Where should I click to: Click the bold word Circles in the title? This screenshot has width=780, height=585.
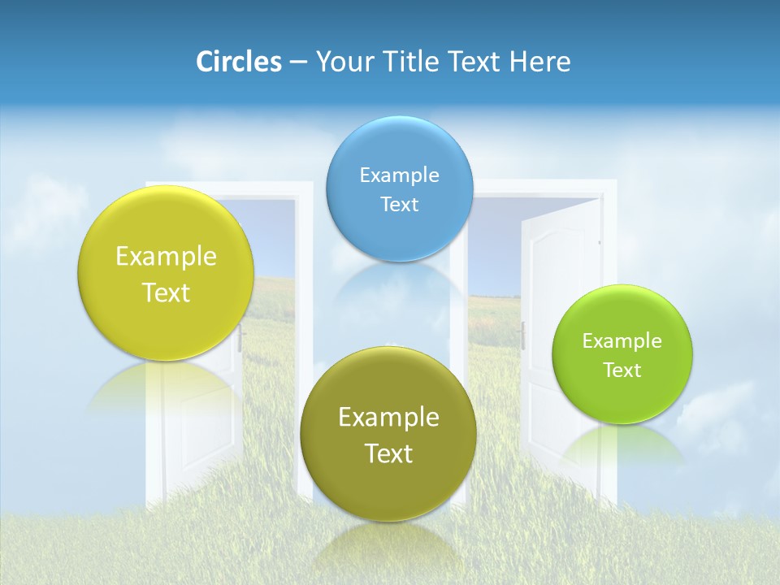coord(238,62)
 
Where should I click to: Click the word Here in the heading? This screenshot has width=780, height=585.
coord(539,62)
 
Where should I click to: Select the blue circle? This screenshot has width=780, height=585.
coord(399,188)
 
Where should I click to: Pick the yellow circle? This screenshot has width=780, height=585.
coord(165,273)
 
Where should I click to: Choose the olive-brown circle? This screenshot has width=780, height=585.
coord(388,433)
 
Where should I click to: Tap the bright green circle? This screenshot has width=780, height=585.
coord(622,354)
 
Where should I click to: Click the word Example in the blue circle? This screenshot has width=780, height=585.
coord(399,175)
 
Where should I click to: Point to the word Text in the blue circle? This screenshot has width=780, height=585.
coord(399,204)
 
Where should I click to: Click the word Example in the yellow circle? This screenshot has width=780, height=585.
coord(166,257)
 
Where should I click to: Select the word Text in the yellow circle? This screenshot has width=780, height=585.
coord(166,292)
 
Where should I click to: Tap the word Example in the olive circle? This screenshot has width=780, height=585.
coord(388,418)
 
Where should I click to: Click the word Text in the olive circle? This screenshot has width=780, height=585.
coord(388,453)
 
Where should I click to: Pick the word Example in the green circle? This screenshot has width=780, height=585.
coord(622,340)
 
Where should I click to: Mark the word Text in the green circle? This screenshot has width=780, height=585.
coord(622,370)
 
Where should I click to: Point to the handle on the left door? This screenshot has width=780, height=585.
coord(241,339)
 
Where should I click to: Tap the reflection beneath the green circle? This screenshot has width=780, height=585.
coord(622,443)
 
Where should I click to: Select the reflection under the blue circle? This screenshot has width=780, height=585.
coord(399,284)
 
